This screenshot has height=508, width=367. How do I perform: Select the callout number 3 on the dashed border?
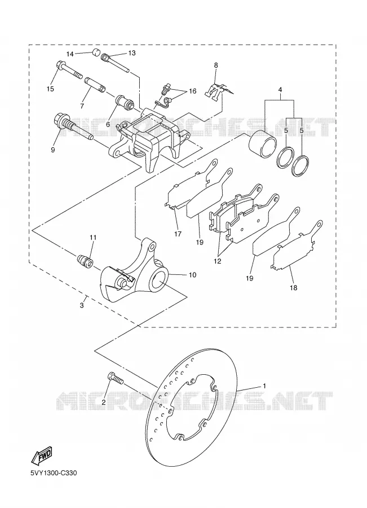click(82, 305)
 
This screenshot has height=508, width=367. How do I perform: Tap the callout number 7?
click(82, 106)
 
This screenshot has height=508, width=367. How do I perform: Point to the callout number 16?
click(192, 91)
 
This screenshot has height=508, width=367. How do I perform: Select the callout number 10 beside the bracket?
click(192, 275)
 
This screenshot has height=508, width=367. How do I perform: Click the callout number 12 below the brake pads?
click(217, 261)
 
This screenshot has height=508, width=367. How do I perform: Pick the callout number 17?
click(178, 233)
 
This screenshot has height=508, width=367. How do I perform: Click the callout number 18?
click(293, 287)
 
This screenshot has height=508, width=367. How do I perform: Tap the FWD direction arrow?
click(41, 454)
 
